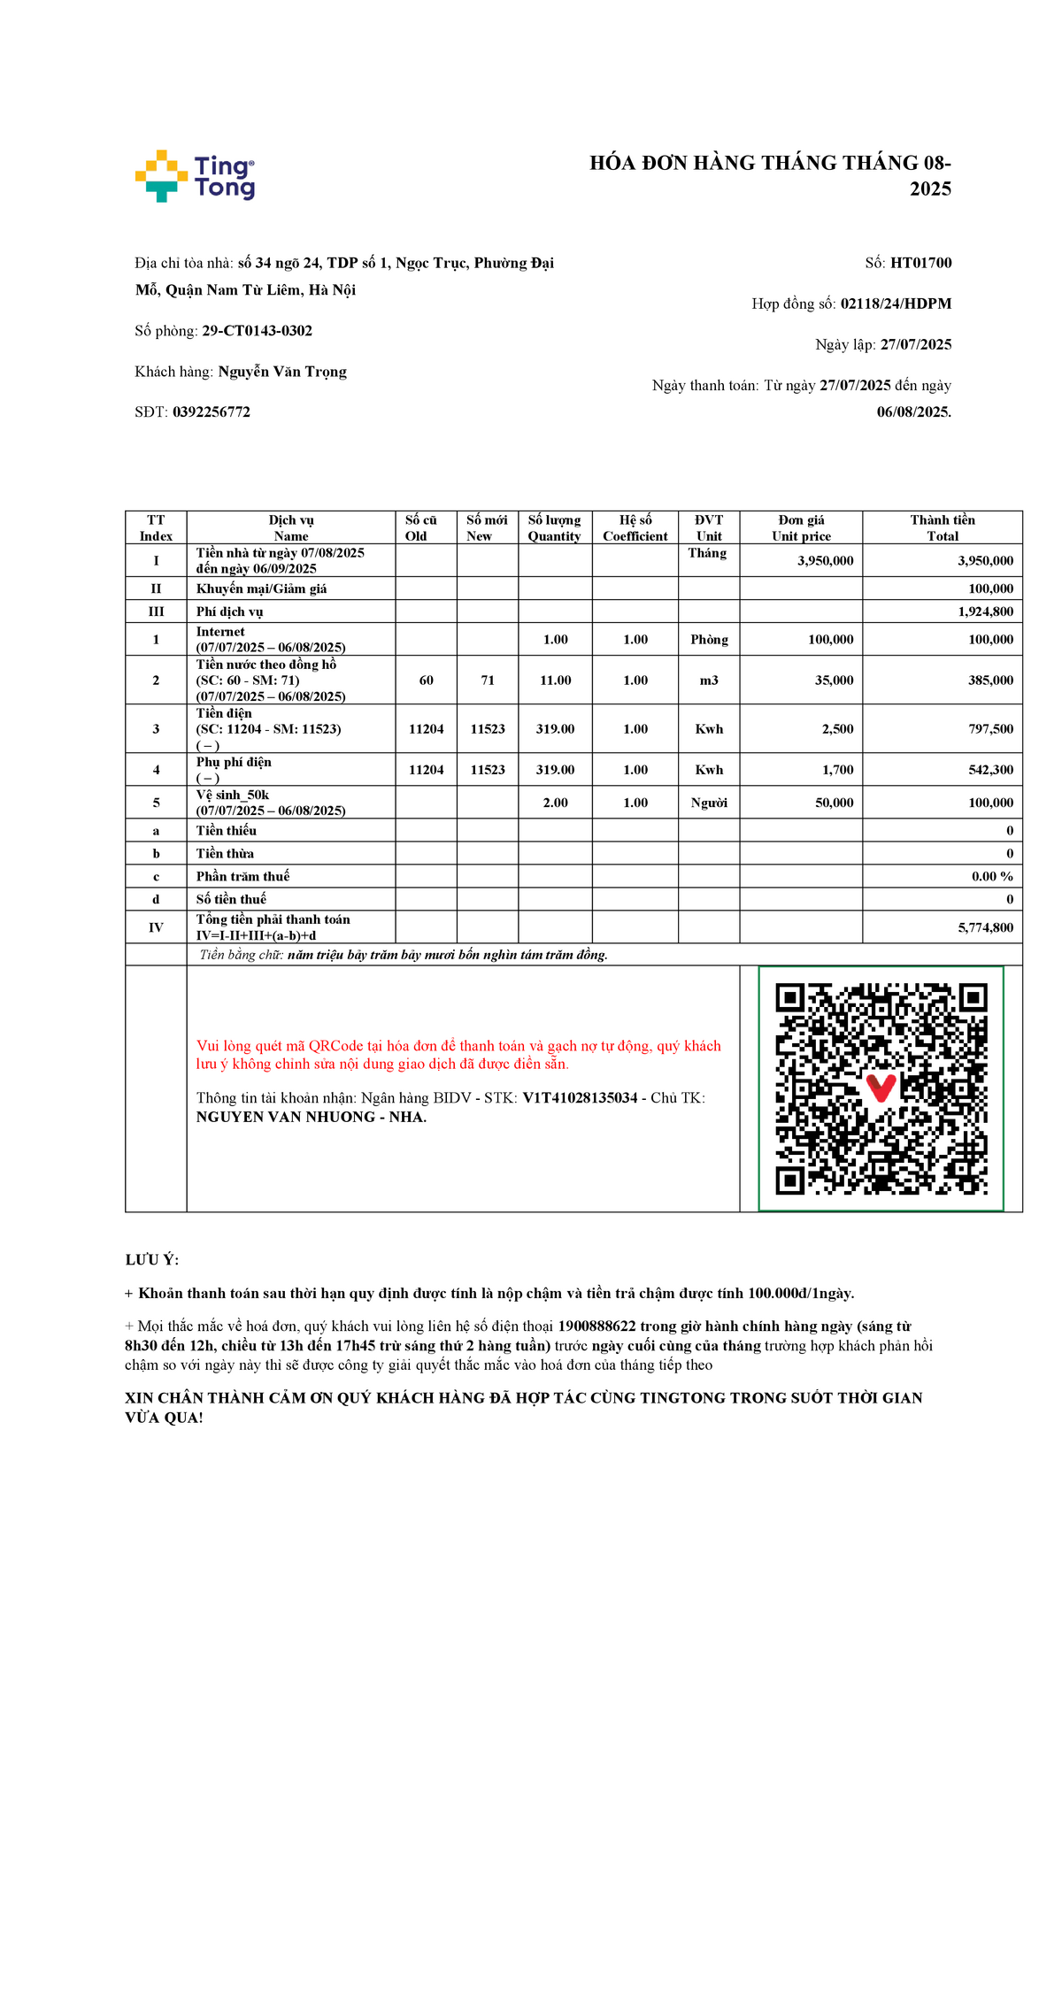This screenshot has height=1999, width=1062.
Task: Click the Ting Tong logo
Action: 195,176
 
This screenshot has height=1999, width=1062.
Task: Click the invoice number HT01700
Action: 920,263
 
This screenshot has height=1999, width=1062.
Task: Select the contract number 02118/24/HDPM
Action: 896,304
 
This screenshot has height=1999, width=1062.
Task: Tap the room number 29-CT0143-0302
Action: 257,331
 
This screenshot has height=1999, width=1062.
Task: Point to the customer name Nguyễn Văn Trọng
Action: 282,372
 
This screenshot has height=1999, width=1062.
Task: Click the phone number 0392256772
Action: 212,412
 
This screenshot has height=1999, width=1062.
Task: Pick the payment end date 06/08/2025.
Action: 913,412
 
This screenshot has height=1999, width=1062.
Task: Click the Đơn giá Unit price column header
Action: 801,527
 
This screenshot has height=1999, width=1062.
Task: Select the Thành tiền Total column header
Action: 943,527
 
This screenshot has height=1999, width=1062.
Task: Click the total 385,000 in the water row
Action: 990,680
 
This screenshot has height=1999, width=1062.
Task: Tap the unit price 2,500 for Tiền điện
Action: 837,729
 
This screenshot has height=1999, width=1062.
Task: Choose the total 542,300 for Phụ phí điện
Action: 990,770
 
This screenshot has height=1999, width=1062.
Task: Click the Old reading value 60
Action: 426,680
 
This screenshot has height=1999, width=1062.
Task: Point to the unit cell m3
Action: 709,680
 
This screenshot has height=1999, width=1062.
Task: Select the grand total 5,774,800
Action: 985,927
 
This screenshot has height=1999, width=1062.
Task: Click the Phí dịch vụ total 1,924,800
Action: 985,611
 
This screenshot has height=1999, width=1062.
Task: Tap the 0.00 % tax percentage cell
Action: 992,876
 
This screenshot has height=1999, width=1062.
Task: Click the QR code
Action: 881,1088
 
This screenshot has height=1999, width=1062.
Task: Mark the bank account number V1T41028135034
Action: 580,1098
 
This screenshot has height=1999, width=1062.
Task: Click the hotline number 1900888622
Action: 596,1326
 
